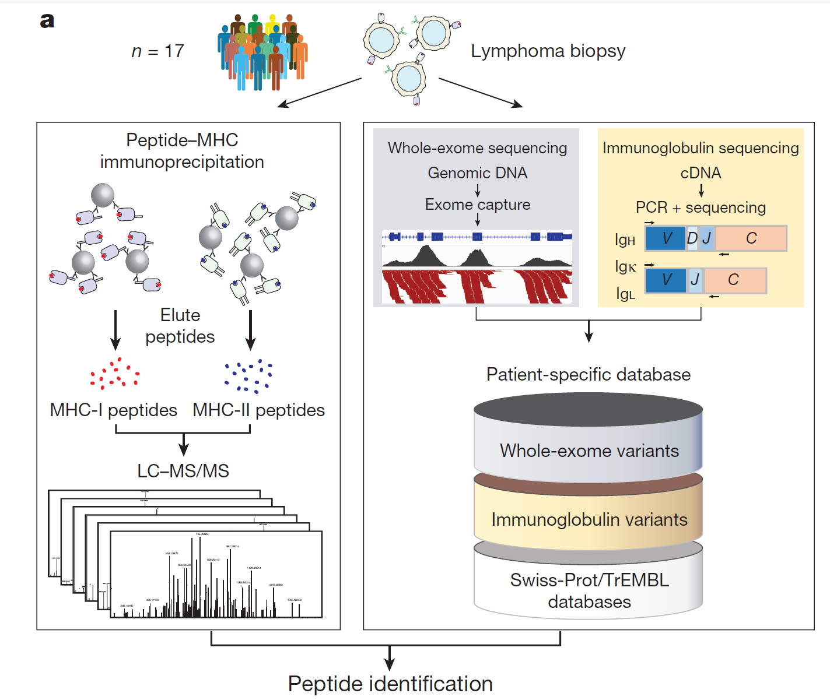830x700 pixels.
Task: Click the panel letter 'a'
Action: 47,21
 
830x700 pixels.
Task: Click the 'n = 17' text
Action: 157,51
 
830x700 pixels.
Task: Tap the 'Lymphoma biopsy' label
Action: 548,51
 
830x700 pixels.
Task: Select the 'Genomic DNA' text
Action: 477,173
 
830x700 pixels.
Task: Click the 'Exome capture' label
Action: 477,205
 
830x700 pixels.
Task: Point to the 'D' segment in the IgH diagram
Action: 692,238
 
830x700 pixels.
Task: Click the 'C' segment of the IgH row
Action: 751,238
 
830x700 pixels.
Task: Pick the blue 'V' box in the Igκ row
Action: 666,280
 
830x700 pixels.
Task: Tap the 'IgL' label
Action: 625,294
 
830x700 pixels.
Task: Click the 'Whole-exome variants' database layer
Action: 589,451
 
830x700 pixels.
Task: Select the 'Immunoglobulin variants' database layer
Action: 589,519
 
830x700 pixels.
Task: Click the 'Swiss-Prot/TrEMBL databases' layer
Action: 589,590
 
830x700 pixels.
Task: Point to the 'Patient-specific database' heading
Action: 588,374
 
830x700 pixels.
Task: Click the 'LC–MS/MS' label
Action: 183,471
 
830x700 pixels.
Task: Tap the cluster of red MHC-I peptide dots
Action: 115,373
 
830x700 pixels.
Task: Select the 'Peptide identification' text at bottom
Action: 390,684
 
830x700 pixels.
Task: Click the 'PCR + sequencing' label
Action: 701,207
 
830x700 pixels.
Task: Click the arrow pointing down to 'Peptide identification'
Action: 390,658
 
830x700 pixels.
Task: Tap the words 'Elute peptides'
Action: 180,326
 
